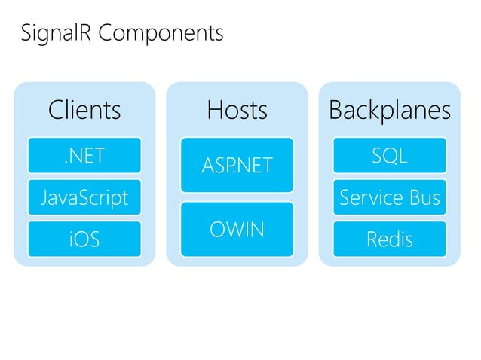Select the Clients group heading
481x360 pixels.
click(x=84, y=111)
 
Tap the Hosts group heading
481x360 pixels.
click(x=237, y=111)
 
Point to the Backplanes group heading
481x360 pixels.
click(x=390, y=111)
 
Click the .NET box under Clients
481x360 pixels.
click(x=84, y=156)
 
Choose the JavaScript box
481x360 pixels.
click(x=84, y=197)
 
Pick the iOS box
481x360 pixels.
click(x=84, y=239)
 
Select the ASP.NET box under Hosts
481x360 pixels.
click(x=237, y=165)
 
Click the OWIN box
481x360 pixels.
click(x=237, y=229)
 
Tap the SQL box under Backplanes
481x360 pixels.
click(x=390, y=156)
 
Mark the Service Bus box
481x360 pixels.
click(x=390, y=197)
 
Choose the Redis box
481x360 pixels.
click(x=390, y=239)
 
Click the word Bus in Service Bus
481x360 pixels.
click(x=424, y=197)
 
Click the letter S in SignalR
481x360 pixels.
click(x=26, y=34)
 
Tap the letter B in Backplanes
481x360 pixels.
click(x=336, y=111)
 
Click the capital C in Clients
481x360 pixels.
click(x=57, y=111)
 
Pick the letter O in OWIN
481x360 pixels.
click(x=217, y=229)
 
